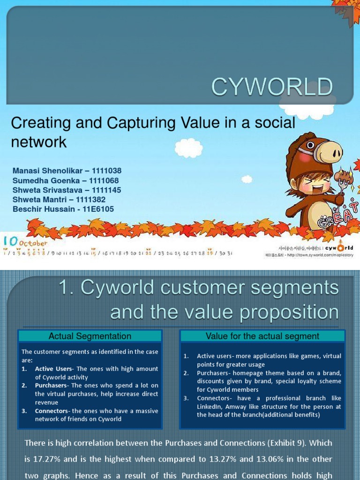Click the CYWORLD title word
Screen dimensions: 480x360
[272, 87]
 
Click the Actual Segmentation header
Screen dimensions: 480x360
[90, 336]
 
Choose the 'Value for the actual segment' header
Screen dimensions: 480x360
[262, 336]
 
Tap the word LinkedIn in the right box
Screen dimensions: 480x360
[210, 406]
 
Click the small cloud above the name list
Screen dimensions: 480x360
[188, 148]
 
